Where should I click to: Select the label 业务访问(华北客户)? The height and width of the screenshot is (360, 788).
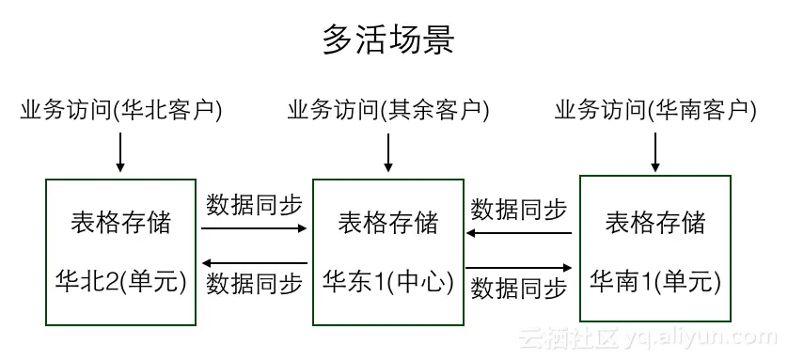tap(121, 111)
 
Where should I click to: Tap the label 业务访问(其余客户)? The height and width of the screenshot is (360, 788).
tap(388, 111)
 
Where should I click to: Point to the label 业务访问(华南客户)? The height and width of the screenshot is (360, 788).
tap(655, 111)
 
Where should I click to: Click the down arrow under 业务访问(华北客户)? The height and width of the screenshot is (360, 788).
tap(121, 151)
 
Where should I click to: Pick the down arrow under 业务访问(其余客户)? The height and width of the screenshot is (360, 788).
tap(388, 151)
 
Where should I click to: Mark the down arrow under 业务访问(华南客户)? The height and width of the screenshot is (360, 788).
tap(655, 151)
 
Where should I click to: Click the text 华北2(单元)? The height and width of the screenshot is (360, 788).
tap(121, 280)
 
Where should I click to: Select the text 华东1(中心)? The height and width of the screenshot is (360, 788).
tap(388, 280)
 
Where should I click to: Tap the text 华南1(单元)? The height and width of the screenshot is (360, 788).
tap(655, 280)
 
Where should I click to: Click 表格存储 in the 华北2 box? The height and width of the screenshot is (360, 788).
tap(121, 223)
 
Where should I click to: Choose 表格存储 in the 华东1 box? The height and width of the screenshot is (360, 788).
tap(388, 223)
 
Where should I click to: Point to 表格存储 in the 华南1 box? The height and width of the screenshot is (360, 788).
tap(655, 223)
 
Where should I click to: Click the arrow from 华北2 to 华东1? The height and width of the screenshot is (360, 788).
tap(254, 228)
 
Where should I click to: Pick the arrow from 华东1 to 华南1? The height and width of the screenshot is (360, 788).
tap(520, 267)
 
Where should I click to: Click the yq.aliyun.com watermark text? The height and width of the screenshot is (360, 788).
tap(715, 337)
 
